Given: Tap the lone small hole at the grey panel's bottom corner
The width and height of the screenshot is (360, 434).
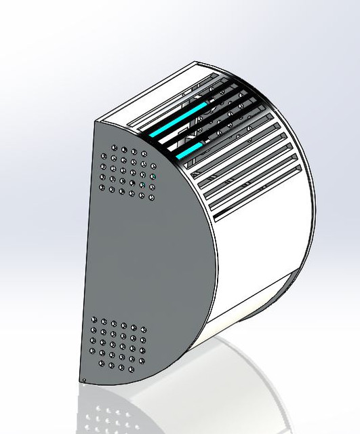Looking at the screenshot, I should [83, 379].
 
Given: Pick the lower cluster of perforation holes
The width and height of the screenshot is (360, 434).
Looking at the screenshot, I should [118, 345].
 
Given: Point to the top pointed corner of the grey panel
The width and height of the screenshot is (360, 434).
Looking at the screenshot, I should [95, 120].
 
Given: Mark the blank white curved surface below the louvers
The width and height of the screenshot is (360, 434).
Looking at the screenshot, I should [258, 258].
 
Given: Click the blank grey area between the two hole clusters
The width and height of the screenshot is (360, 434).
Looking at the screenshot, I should [136, 258].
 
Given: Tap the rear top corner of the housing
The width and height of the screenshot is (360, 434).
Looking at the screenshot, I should [197, 63].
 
